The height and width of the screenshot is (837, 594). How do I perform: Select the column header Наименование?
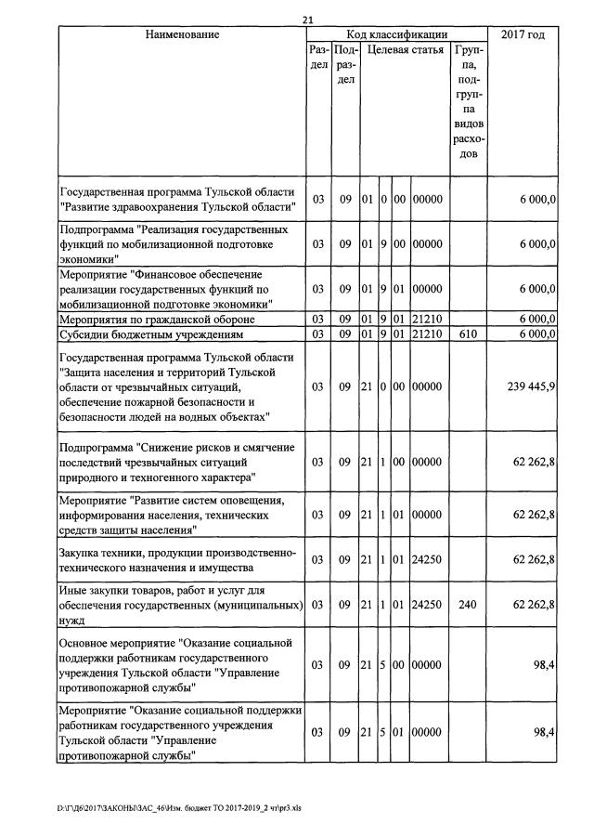pos(182,34)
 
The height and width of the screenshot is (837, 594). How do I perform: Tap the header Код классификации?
pos(396,34)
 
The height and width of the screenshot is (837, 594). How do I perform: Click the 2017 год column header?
pos(523,34)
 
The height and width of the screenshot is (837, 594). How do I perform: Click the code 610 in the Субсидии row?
pos(469,333)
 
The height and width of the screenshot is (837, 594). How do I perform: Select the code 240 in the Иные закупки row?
pos(469,604)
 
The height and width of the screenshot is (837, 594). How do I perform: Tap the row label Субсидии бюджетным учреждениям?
pos(150,333)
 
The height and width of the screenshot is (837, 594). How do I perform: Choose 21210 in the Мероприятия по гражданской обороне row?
pos(427,320)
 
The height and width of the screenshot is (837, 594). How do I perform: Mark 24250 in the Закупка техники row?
pos(427,559)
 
